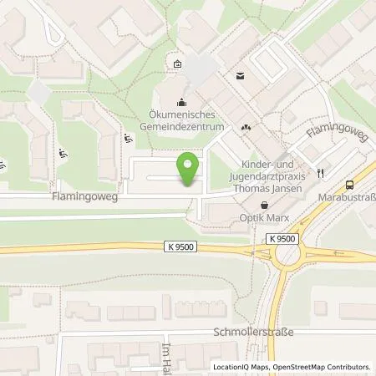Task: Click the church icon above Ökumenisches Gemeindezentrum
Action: tap(181, 103)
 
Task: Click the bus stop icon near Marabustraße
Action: tap(349, 185)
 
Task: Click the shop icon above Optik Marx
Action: tap(265, 204)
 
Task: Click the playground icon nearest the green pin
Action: tap(127, 140)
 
